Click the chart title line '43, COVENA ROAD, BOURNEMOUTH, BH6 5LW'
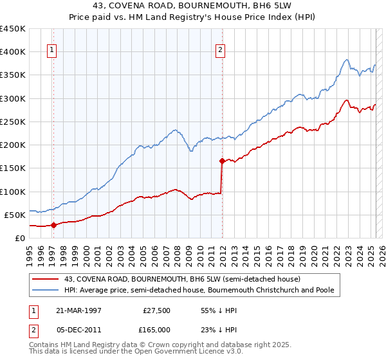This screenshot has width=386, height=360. (193, 8)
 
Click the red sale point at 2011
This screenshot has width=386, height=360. (222, 161)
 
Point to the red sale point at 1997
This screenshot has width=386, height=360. (54, 225)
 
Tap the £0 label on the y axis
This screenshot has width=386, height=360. (19, 238)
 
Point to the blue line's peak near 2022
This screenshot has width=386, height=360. (347, 60)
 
